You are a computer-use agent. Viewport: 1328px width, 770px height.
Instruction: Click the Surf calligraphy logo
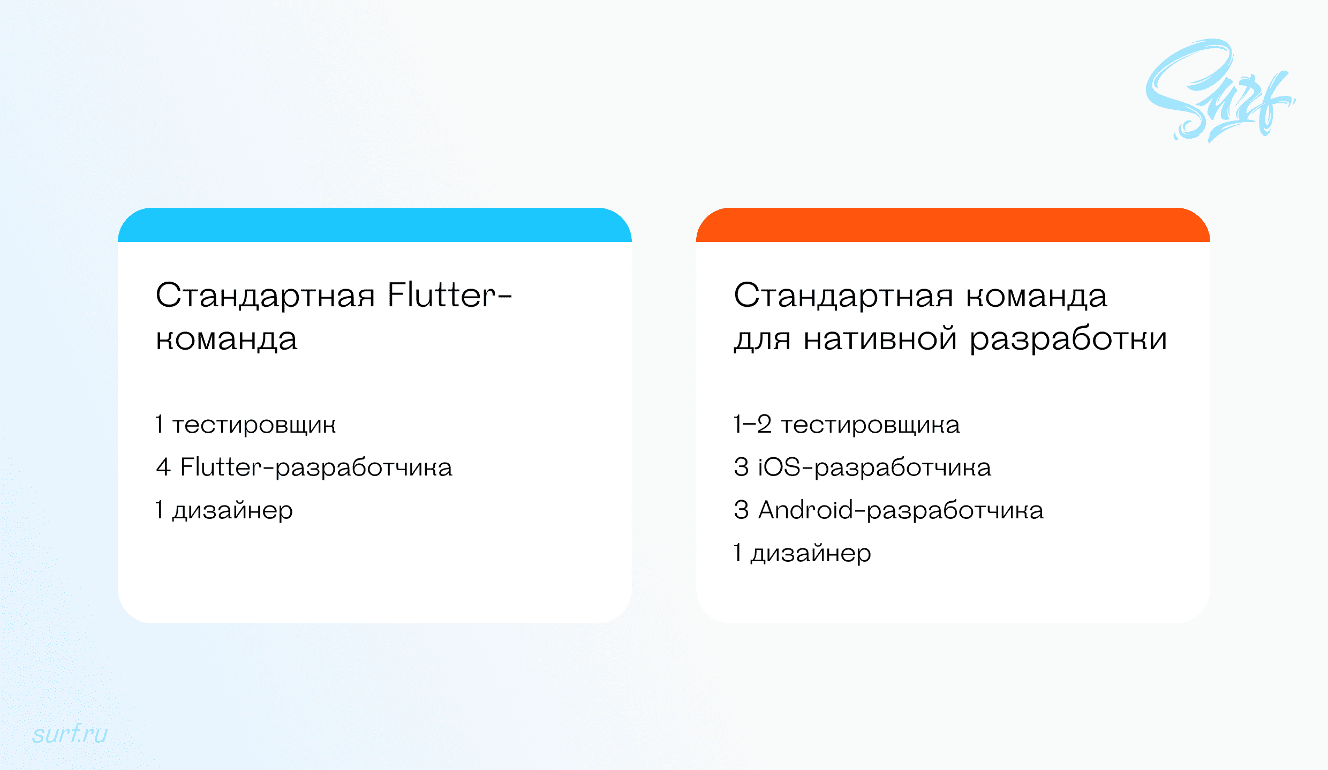pos(1218,91)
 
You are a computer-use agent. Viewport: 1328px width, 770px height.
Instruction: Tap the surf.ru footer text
pos(70,734)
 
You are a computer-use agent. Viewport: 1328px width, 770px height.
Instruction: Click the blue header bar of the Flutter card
pos(375,225)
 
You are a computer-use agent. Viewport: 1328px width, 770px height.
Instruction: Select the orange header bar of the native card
pos(953,225)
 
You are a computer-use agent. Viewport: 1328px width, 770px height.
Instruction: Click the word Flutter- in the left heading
pos(449,296)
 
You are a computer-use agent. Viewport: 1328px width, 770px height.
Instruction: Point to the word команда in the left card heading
pos(227,339)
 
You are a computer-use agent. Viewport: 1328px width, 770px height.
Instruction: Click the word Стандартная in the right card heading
pos(843,296)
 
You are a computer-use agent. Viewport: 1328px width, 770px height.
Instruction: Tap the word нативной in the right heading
pos(880,339)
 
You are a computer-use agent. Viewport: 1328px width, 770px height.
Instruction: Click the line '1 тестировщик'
pos(246,425)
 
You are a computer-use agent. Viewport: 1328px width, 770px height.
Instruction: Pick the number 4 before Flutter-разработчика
pos(163,467)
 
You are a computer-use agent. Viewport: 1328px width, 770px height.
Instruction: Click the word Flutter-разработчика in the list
pos(316,467)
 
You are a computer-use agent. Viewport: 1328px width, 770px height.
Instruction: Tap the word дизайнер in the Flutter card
pos(232,510)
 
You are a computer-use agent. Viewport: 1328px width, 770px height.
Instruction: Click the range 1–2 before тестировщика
pos(752,425)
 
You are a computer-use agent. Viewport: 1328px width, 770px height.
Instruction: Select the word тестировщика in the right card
pos(870,425)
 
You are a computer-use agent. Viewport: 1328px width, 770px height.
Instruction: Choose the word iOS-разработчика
pos(874,467)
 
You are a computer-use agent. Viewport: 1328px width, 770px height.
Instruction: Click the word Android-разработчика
pos(901,510)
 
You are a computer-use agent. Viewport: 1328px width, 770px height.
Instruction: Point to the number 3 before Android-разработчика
pos(741,510)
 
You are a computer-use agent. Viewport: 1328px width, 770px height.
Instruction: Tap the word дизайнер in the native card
pos(811,553)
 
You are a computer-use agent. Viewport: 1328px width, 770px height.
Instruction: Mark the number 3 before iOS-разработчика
pos(741,467)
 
